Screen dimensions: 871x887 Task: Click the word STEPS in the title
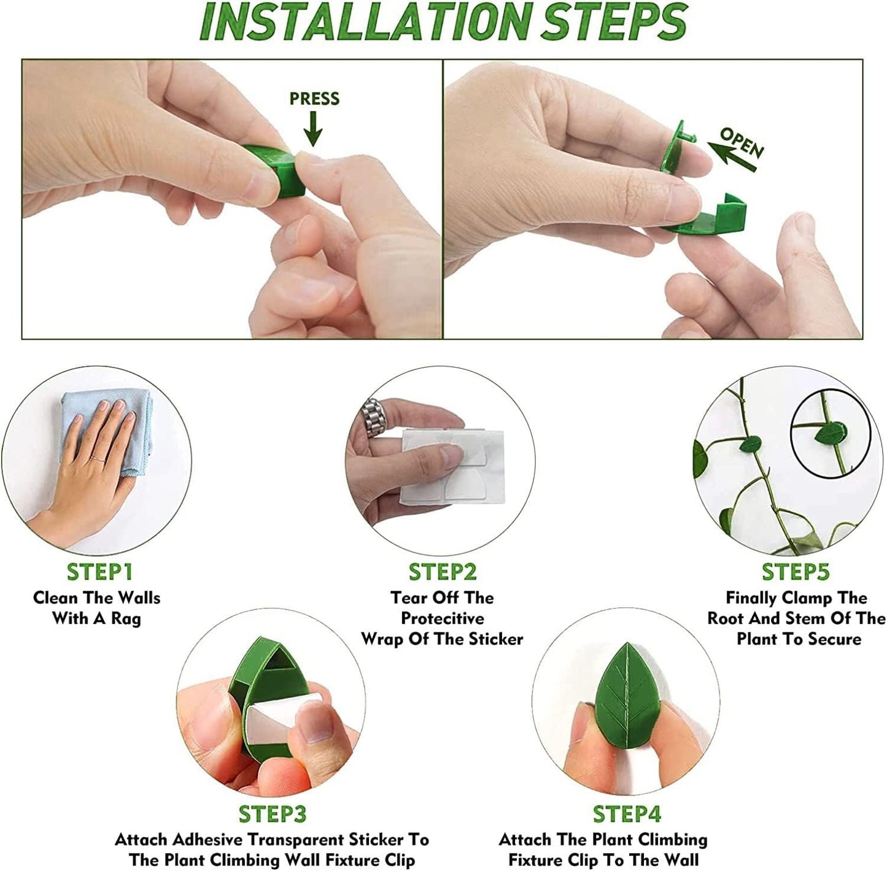[614, 23]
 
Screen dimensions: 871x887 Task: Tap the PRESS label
[314, 99]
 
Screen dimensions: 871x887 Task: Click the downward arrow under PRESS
[313, 129]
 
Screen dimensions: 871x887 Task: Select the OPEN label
[742, 142]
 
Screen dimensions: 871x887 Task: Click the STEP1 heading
[99, 572]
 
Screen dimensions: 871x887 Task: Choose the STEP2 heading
[443, 572]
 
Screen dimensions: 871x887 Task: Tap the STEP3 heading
[272, 814]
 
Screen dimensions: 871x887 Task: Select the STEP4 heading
[627, 814]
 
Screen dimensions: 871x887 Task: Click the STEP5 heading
[796, 572]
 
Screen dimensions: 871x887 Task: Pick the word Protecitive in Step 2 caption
[442, 618]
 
